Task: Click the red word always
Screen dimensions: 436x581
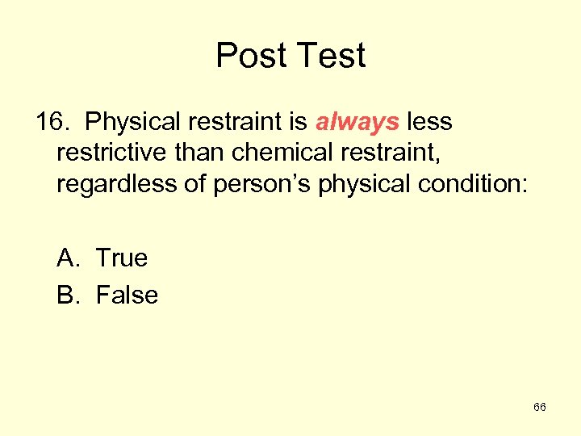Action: click(357, 122)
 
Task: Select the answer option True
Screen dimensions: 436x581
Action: click(122, 258)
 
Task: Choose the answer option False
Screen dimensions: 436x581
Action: click(127, 295)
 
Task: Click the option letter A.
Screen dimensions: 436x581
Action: click(67, 258)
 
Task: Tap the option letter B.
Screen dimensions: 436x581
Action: click(67, 295)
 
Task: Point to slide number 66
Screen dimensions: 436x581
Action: click(540, 407)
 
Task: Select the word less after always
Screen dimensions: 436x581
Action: click(429, 122)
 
